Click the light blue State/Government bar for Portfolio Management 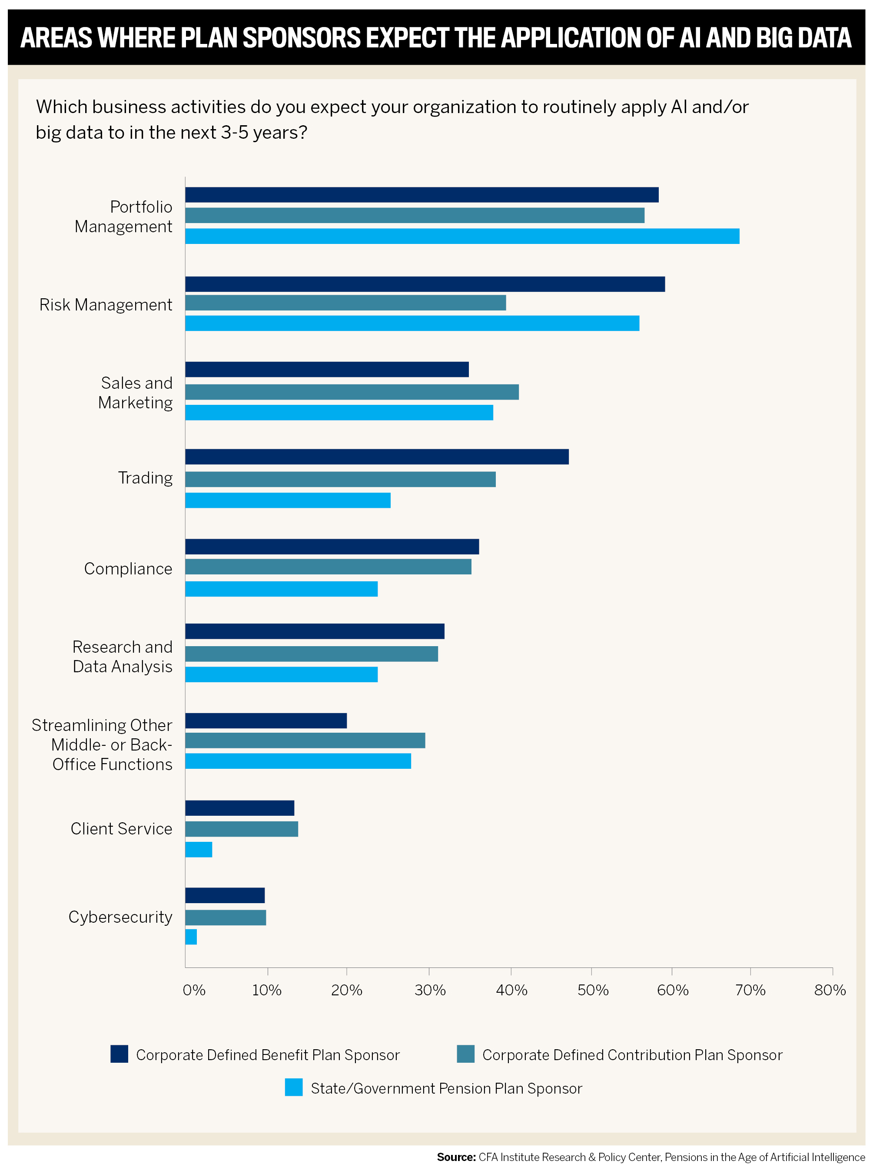(x=462, y=236)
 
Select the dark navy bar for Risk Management (x=425, y=284)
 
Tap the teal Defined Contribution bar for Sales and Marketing (x=352, y=392)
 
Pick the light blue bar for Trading (x=288, y=500)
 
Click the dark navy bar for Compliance (x=332, y=547)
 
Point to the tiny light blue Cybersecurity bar (x=191, y=937)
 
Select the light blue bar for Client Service (x=199, y=850)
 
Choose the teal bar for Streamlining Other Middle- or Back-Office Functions (x=305, y=741)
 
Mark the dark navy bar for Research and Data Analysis (x=315, y=631)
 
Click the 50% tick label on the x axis (x=593, y=990)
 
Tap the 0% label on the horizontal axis (x=194, y=990)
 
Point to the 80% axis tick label (x=830, y=990)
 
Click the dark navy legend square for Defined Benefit (x=119, y=1054)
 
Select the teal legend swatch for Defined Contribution (x=465, y=1054)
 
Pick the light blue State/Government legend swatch (x=294, y=1087)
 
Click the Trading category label (x=145, y=478)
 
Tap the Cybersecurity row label (x=120, y=917)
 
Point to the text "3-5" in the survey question (x=235, y=132)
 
